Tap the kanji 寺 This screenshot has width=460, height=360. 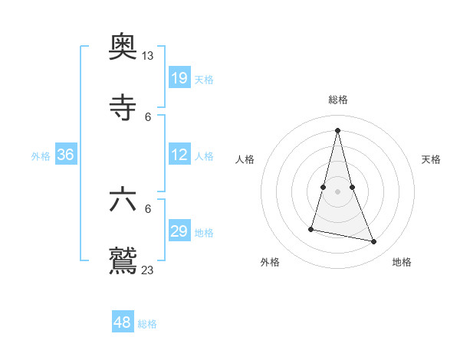pyautogui.click(x=123, y=108)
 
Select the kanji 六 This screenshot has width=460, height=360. pyautogui.click(x=123, y=200)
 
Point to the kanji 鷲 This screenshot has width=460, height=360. pyautogui.click(x=123, y=260)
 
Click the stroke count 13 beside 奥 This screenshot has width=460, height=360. pyautogui.click(x=148, y=56)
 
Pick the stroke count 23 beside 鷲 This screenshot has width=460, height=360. pyautogui.click(x=148, y=270)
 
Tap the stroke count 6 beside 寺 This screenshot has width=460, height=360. pyautogui.click(x=148, y=116)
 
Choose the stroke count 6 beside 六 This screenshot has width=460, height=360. pyautogui.click(x=148, y=208)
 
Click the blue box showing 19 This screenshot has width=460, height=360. pyautogui.click(x=179, y=77)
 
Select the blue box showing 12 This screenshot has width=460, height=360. pyautogui.click(x=179, y=155)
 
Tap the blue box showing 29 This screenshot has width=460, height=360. pyautogui.click(x=179, y=231)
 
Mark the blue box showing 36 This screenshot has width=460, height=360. pyautogui.click(x=66, y=155)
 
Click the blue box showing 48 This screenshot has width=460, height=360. pyautogui.click(x=123, y=322)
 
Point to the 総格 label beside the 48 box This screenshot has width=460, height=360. pyautogui.click(x=147, y=324)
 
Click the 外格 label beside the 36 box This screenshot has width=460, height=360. pyautogui.click(x=41, y=156)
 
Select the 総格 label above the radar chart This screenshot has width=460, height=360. pyautogui.click(x=337, y=100)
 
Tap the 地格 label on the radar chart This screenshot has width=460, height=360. pyautogui.click(x=402, y=262)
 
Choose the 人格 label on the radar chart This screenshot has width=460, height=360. pyautogui.click(x=245, y=159)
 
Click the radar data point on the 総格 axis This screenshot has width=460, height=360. pyautogui.click(x=337, y=129)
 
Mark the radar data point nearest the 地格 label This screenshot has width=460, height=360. pyautogui.click(x=374, y=242)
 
